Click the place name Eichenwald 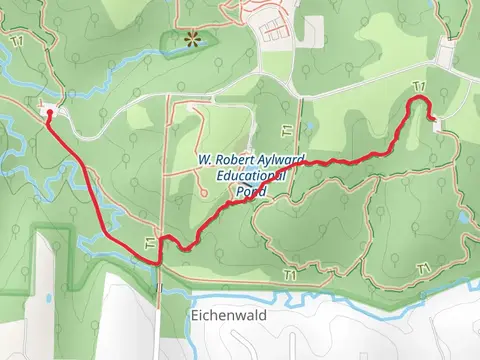point(223,312)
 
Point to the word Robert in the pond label point(230,160)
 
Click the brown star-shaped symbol point(191,39)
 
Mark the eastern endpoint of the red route point(431,119)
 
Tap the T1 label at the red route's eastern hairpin point(418,88)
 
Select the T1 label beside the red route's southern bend point(150,243)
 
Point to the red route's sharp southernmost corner point(158,263)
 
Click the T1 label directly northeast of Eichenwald point(290,274)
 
